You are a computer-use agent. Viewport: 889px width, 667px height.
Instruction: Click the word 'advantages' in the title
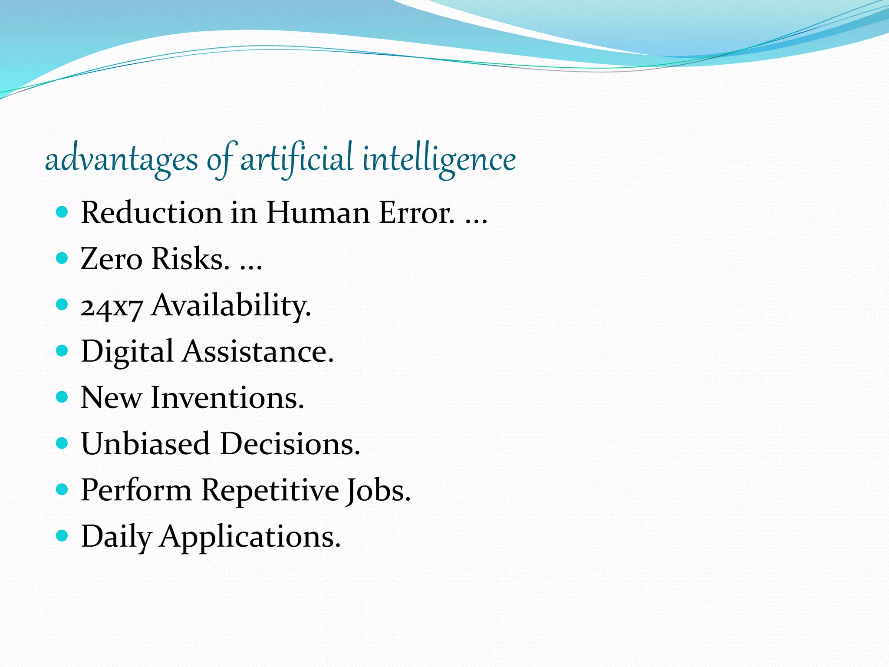121,160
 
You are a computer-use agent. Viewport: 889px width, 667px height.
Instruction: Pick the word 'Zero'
111,259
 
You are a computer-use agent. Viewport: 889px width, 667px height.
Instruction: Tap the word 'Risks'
190,259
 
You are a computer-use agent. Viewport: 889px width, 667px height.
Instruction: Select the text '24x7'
112,307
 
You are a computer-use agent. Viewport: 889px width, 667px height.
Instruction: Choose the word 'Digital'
127,352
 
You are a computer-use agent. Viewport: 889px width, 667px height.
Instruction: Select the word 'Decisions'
290,444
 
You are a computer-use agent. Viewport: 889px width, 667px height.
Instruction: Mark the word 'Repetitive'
270,491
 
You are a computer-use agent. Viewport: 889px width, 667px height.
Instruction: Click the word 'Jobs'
378,491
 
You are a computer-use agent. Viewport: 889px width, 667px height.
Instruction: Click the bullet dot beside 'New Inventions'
63,397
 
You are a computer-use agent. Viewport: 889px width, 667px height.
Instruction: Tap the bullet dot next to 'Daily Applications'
63,536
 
